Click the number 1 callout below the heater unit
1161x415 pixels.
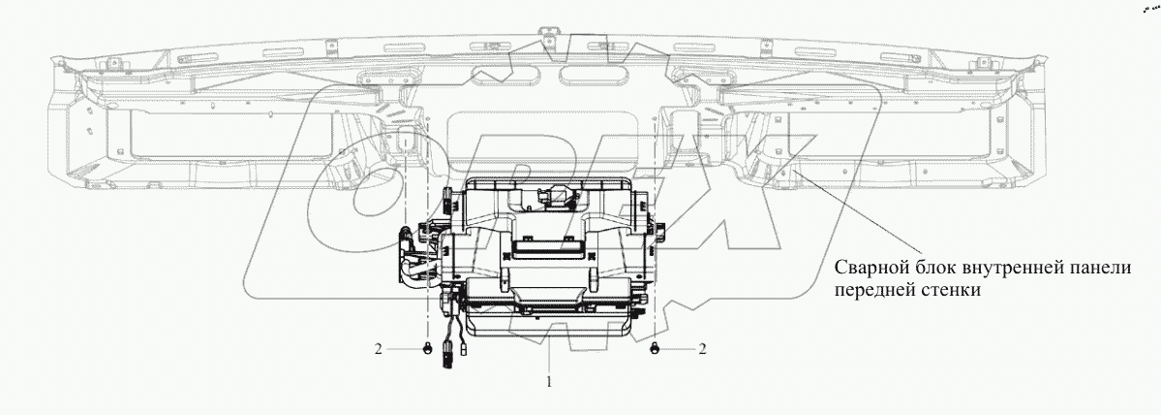[549, 382]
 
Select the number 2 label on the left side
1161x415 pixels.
[379, 349]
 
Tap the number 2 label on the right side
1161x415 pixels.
[702, 349]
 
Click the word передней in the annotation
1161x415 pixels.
[871, 291]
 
